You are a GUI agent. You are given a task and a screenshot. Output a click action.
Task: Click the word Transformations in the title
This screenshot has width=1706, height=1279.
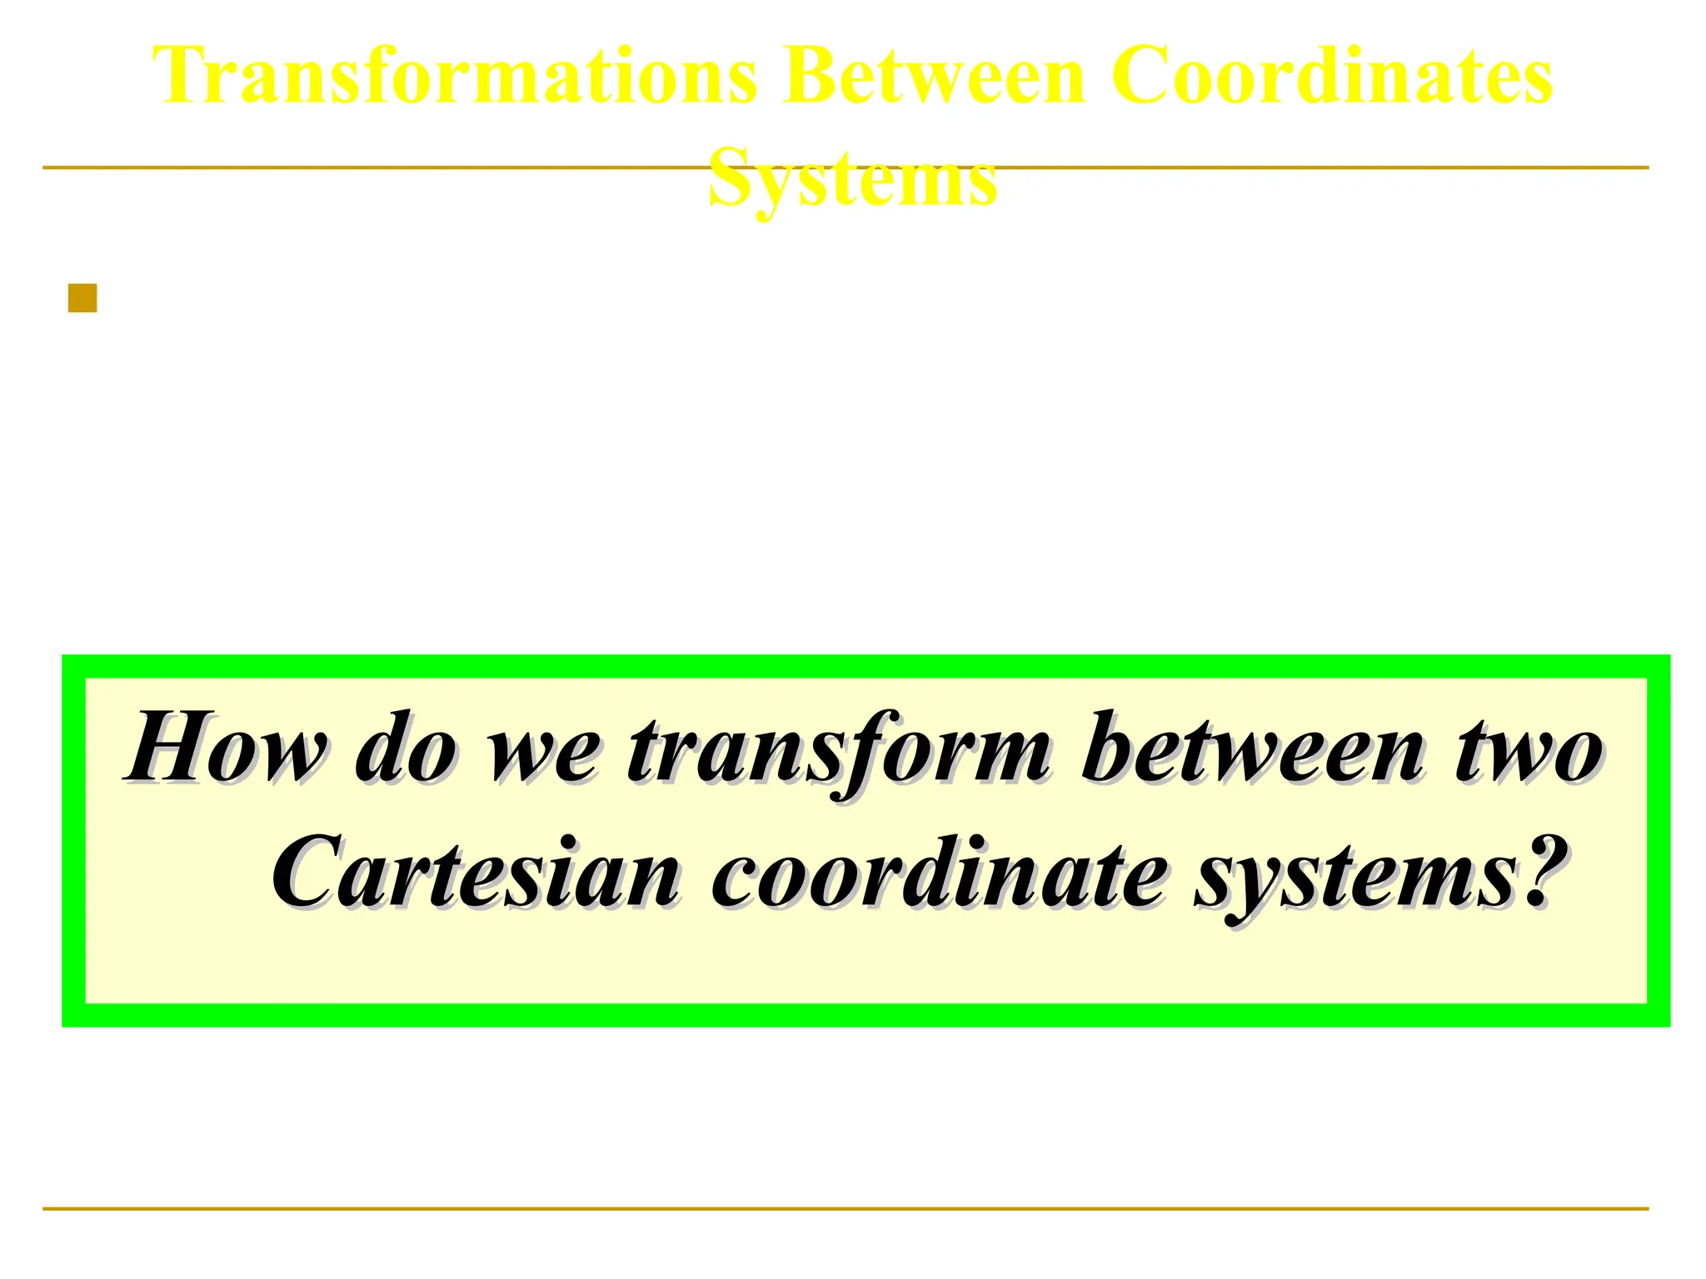(x=455, y=77)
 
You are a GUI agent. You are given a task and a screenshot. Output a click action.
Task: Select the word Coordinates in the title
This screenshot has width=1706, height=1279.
(x=1331, y=77)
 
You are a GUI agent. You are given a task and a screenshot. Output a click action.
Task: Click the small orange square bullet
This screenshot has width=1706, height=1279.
(x=82, y=298)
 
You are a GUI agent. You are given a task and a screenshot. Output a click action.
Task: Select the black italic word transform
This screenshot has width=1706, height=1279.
(x=837, y=749)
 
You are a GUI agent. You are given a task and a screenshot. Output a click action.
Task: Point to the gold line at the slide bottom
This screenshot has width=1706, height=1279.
(x=845, y=1208)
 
